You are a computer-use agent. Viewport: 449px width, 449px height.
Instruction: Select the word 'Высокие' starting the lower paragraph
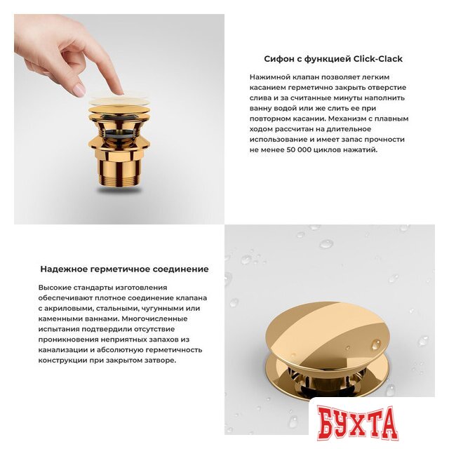pyautogui.click(x=55, y=288)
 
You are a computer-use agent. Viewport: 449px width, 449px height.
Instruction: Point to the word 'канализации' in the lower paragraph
pyautogui.click(x=63, y=349)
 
